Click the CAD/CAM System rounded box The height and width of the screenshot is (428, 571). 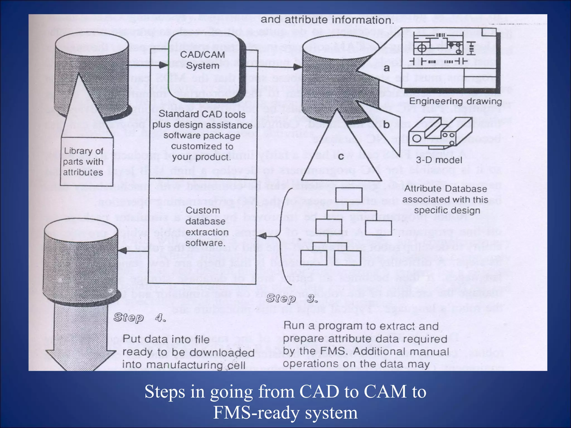pos(203,67)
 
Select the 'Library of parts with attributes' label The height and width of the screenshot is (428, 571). pos(83,162)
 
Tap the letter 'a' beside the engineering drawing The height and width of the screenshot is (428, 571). pos(386,68)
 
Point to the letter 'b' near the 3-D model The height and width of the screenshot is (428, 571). pos(386,125)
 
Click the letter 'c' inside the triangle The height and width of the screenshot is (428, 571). pos(341,157)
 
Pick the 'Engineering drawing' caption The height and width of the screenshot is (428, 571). pos(455,101)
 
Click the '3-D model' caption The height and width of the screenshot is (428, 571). pos(439,160)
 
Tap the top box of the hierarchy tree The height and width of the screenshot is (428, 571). pos(349,195)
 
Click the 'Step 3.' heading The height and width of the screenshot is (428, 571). pos(292,298)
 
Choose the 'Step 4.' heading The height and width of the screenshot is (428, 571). pos(140,317)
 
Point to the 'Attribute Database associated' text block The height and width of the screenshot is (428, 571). pos(446,200)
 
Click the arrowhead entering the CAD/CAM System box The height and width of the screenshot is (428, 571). pos(164,65)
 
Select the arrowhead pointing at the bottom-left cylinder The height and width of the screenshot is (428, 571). pos(123,251)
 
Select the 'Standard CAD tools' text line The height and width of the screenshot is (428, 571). pos(202,114)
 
